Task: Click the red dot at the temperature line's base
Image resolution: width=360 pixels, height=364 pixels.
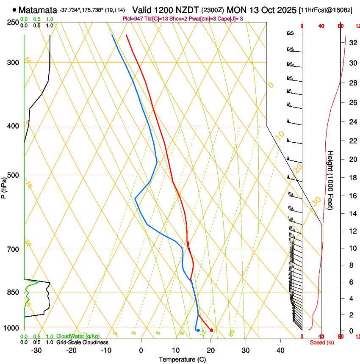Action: [x=211, y=330]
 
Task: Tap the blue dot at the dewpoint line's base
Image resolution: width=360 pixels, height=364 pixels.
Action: [x=198, y=330]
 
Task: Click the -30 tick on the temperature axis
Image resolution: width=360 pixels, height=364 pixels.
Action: [x=36, y=350]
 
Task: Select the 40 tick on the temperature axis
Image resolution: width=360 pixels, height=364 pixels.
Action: [x=280, y=350]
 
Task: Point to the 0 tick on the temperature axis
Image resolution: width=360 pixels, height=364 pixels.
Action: [x=141, y=350]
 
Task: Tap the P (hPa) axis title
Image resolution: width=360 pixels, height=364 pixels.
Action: [x=4, y=186]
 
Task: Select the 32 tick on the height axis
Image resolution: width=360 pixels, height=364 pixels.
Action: [x=353, y=43]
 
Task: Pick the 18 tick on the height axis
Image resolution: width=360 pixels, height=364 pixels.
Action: [x=353, y=178]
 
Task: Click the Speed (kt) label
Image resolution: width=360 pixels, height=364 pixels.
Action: [x=322, y=342]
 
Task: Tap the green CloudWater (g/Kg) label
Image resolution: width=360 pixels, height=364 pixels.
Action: [x=78, y=336]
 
